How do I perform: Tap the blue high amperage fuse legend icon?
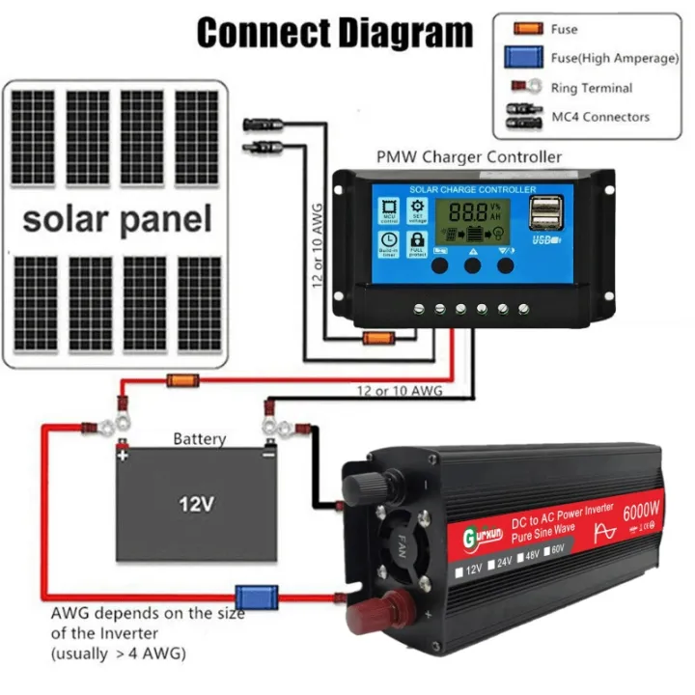pos(523,58)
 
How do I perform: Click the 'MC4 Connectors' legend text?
pos(599,117)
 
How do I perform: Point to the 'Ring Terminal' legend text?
pos(591,88)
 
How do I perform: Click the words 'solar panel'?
pos(117,218)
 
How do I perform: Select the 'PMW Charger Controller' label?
pos(468,155)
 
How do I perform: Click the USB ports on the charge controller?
pos(544,214)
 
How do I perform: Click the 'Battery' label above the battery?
pos(199,439)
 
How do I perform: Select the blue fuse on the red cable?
pos(257,598)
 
